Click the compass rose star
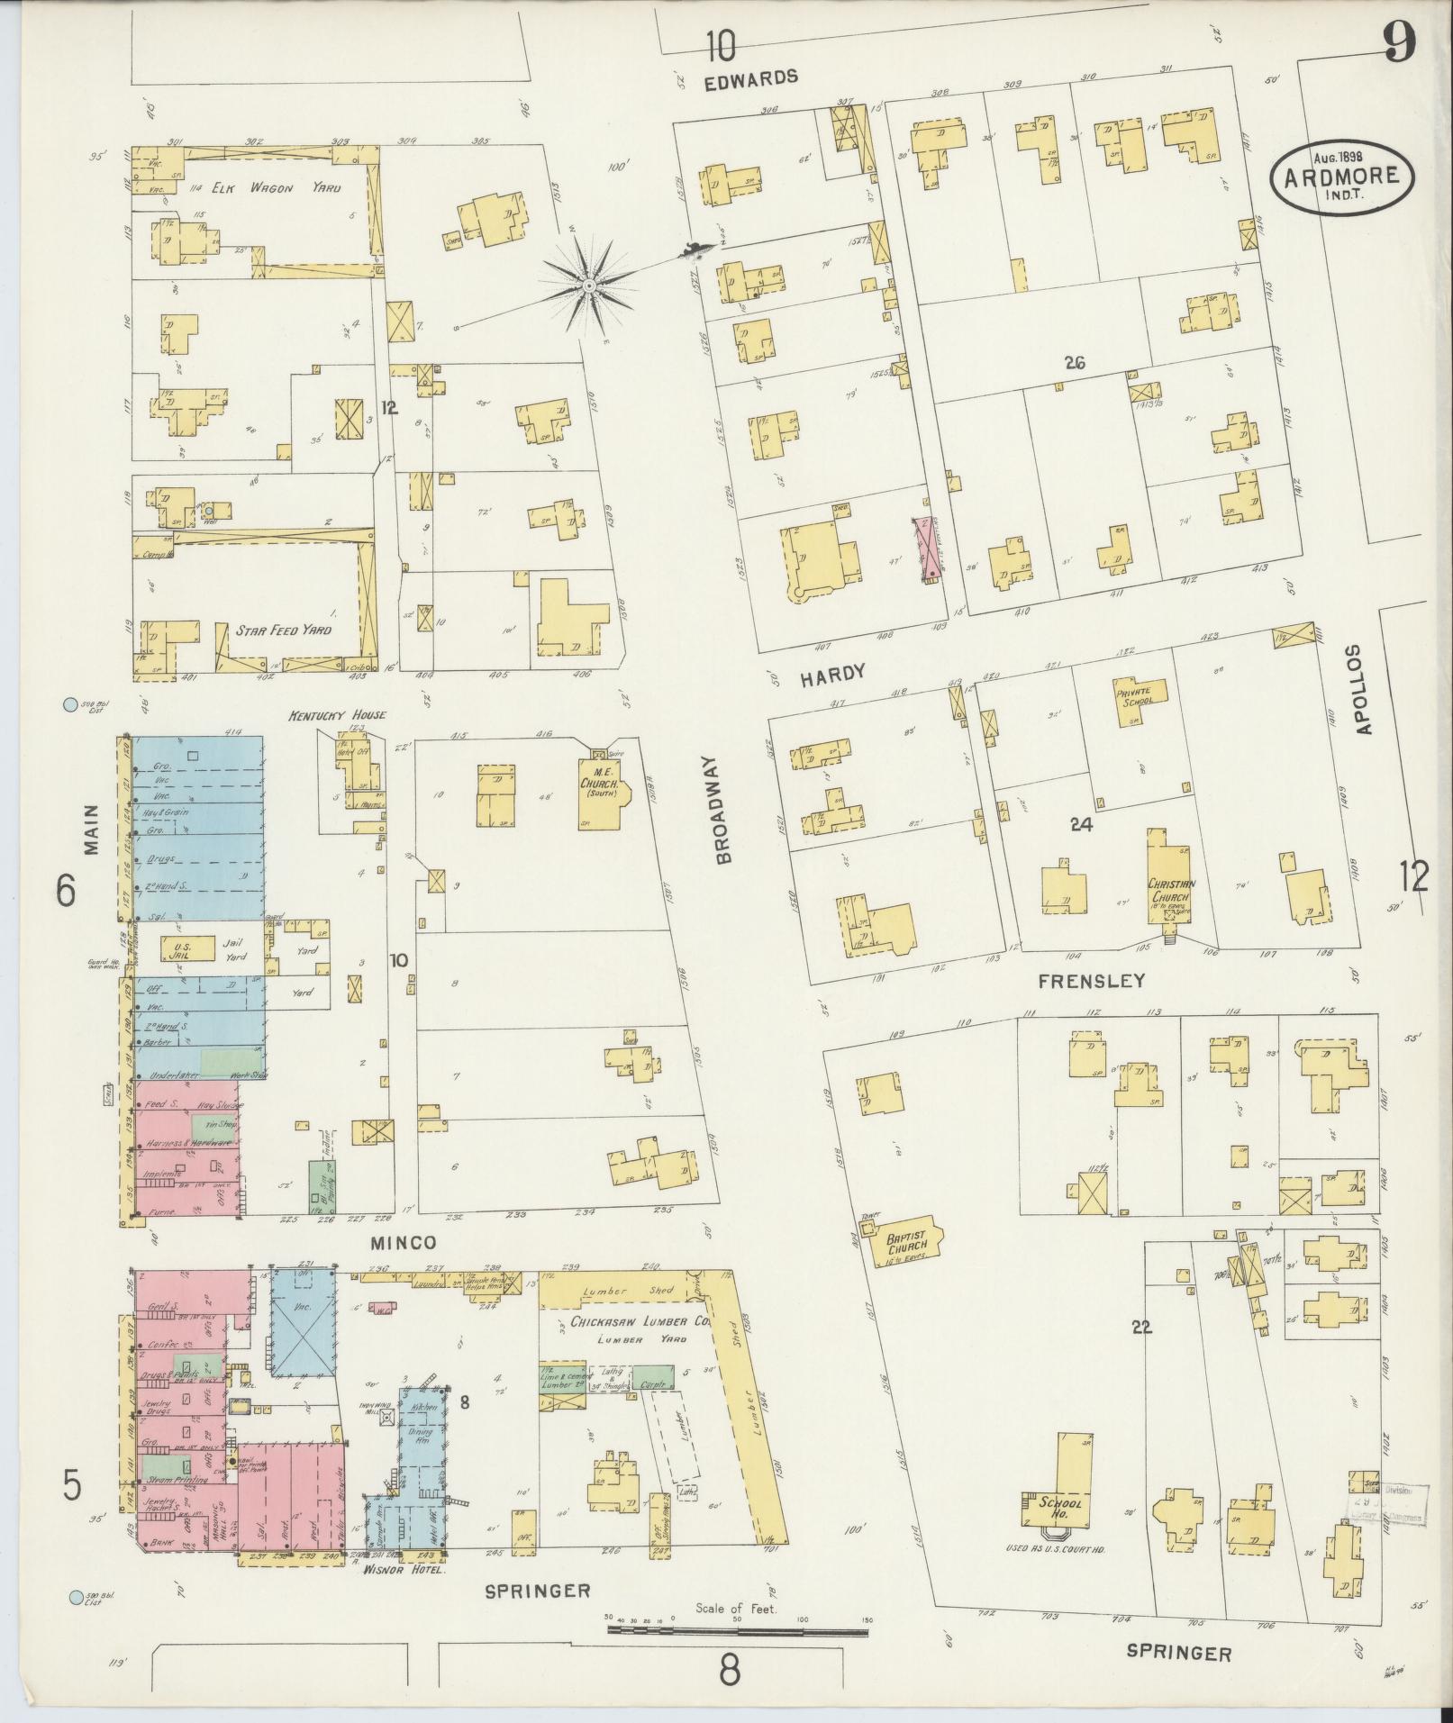pos(587,286)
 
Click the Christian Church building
pos(1170,883)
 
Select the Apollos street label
pos(1365,690)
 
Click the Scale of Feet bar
pos(739,1628)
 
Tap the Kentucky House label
pos(337,714)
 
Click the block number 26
pos(1074,364)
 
